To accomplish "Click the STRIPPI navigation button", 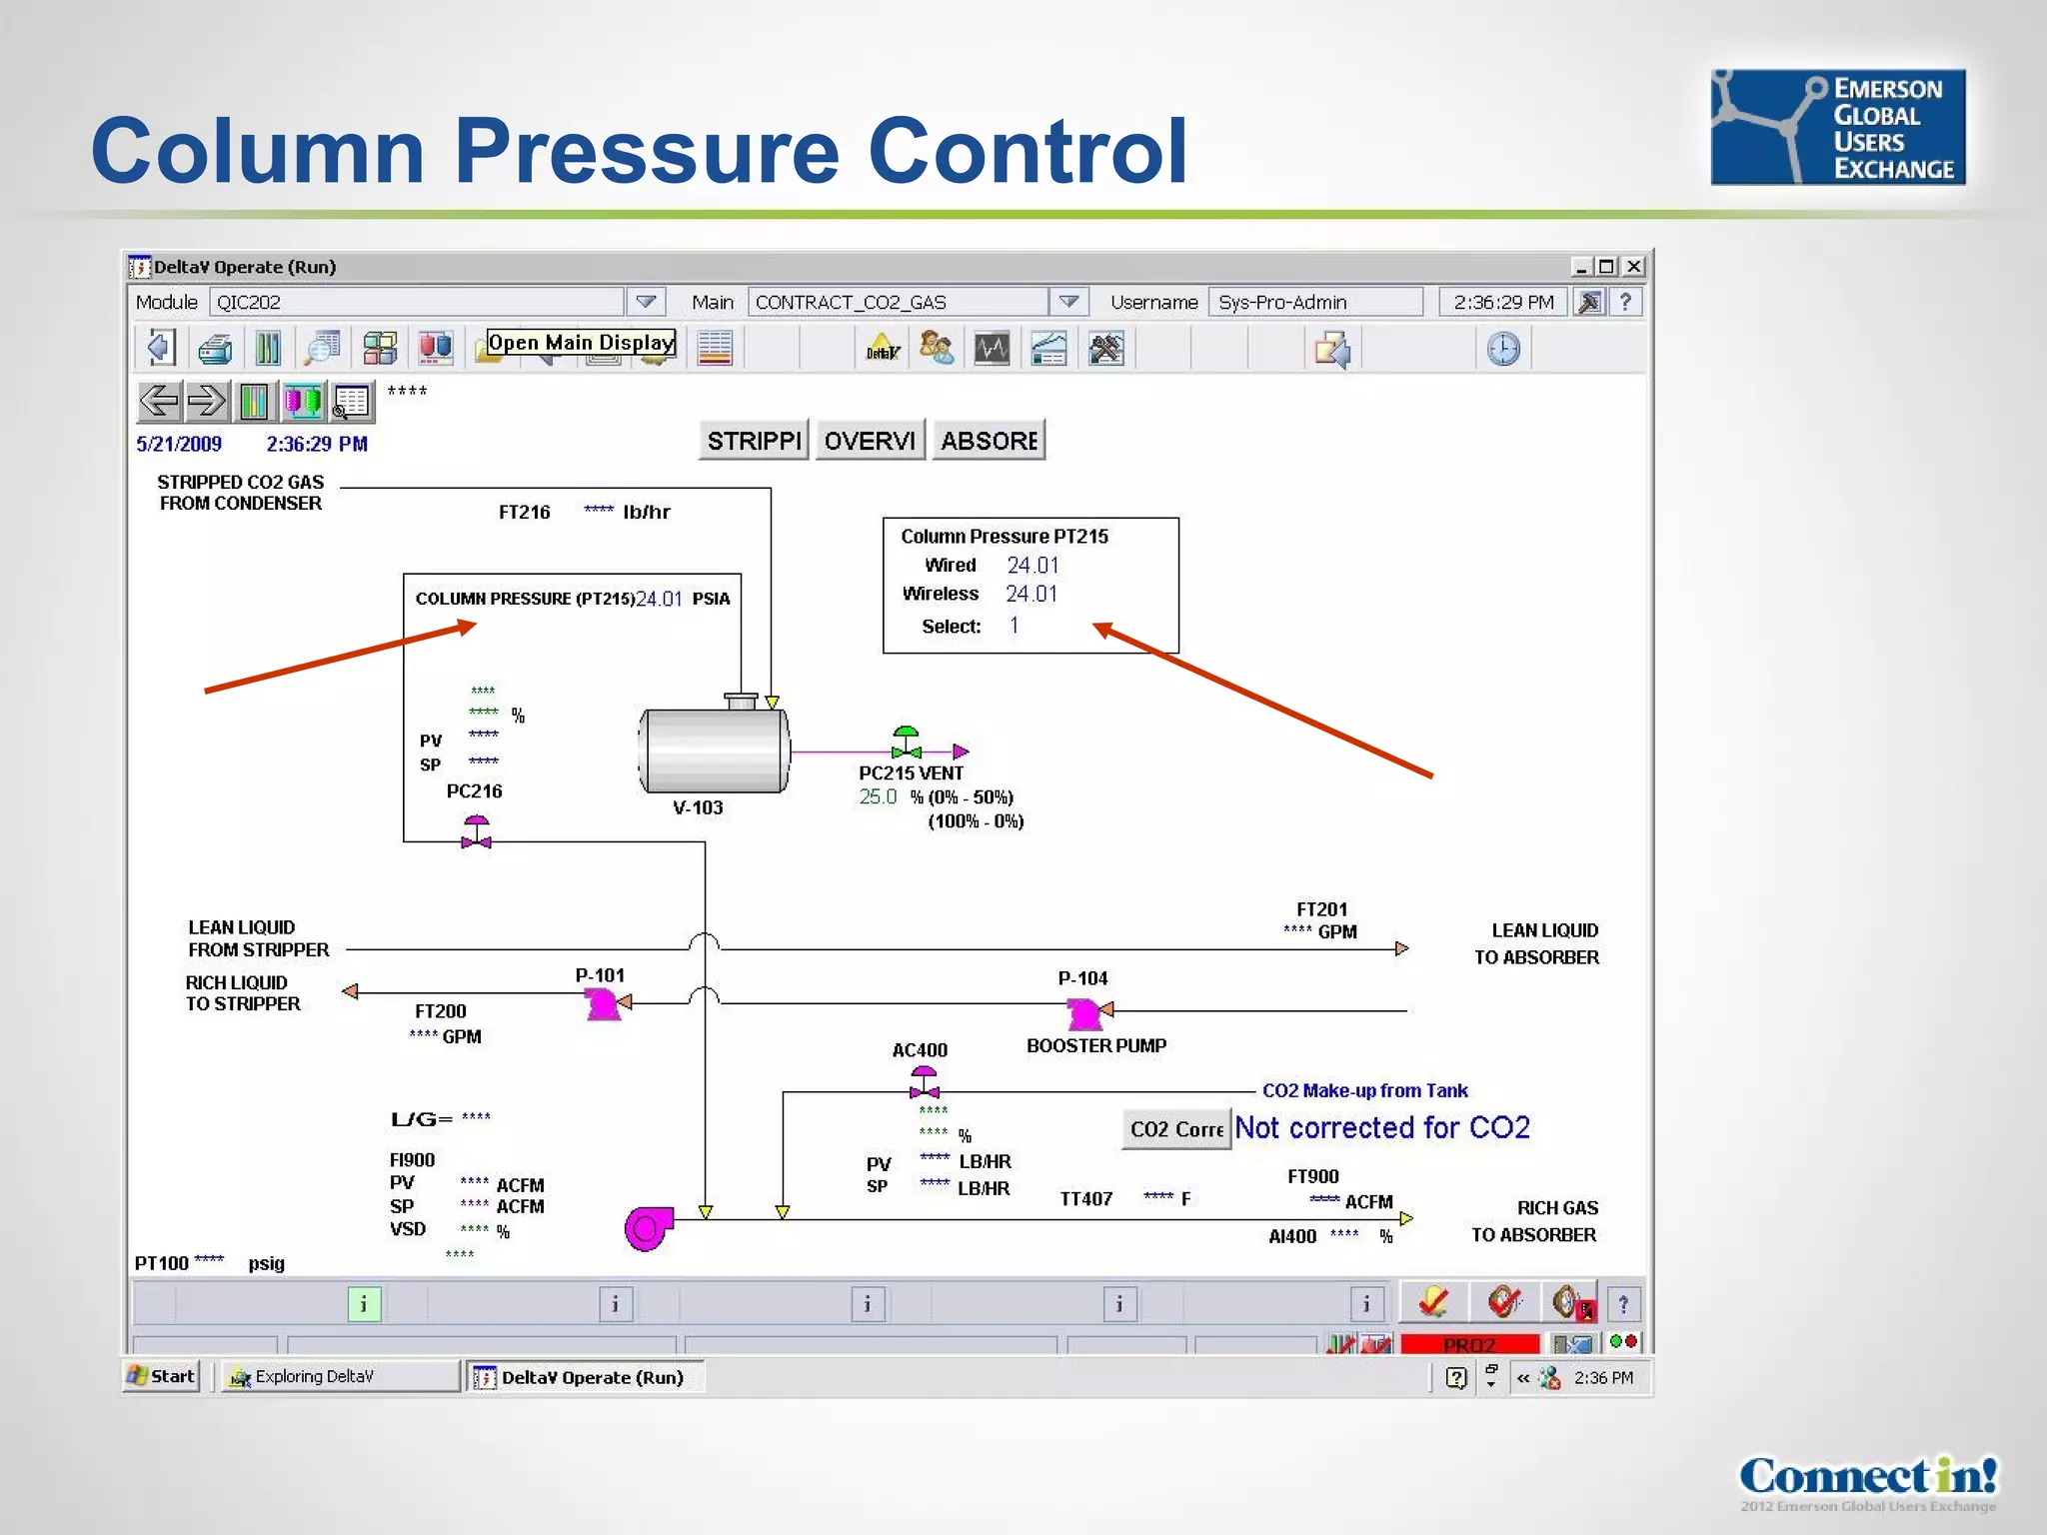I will [754, 441].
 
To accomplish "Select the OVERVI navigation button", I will [870, 441].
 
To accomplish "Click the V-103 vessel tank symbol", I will [714, 751].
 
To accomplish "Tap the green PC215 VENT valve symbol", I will [907, 744].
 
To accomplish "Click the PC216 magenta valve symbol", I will [477, 832].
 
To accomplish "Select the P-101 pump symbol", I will [603, 1003].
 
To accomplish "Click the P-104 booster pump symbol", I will [1084, 1013].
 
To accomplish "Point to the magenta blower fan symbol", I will [648, 1228].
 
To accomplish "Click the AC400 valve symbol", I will [925, 1083].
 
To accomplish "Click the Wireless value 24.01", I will [1031, 594].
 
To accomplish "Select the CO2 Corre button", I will [1176, 1129].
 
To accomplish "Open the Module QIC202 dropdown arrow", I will [646, 302].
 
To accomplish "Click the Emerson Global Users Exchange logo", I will [1837, 127].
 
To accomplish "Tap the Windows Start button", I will [162, 1376].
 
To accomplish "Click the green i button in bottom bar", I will [364, 1304].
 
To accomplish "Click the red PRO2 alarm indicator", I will [1469, 1345].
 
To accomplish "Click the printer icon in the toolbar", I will [215, 349].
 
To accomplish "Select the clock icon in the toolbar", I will [1503, 349].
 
